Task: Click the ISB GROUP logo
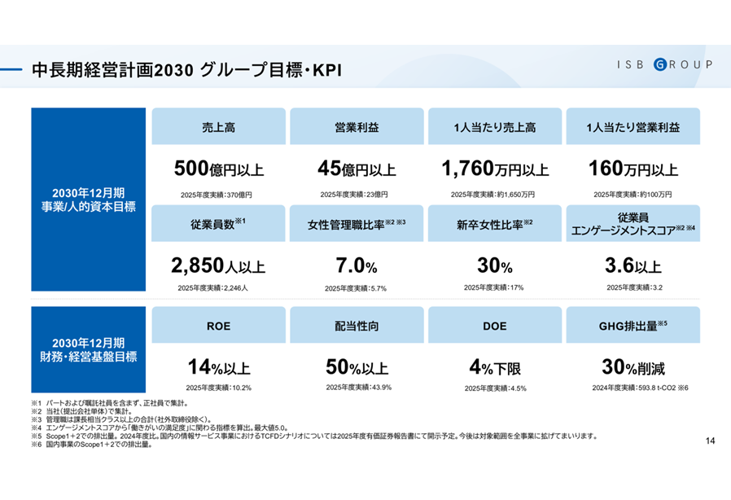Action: [x=663, y=64]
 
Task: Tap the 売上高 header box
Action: [x=218, y=127]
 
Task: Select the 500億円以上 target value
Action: [x=218, y=169]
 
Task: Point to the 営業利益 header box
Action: [x=357, y=127]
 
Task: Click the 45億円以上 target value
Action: [x=357, y=169]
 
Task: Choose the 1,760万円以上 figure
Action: [x=495, y=169]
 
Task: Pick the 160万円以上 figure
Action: [x=633, y=169]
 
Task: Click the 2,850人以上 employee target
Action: [x=218, y=265]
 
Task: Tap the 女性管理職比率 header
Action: [x=357, y=223]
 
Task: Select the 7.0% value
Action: [x=357, y=266]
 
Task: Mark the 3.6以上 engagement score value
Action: [x=633, y=266]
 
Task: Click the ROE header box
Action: [x=218, y=325]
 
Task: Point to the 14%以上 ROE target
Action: [x=218, y=366]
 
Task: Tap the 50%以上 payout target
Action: [x=358, y=366]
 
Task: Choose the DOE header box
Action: [x=495, y=325]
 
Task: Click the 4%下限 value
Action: [x=495, y=366]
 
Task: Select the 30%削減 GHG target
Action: [x=633, y=366]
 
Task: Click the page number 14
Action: [x=710, y=441]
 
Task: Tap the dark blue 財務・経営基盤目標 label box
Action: [x=89, y=349]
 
